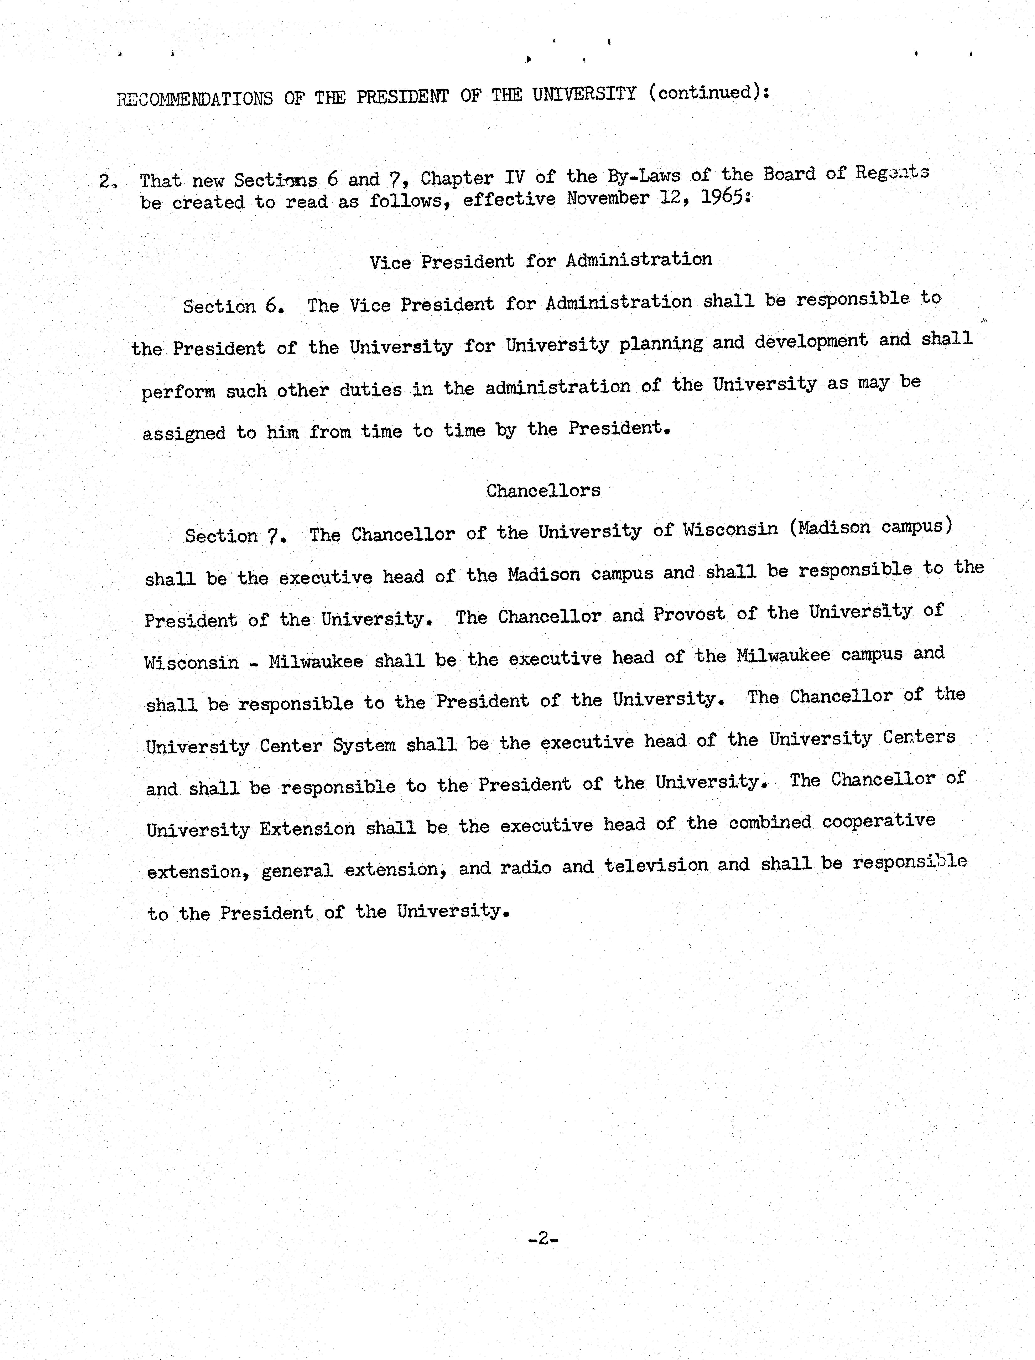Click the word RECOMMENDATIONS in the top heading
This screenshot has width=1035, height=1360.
point(195,99)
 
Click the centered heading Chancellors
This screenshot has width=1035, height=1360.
point(543,490)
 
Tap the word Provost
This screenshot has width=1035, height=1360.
point(689,614)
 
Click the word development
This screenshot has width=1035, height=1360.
point(811,341)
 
